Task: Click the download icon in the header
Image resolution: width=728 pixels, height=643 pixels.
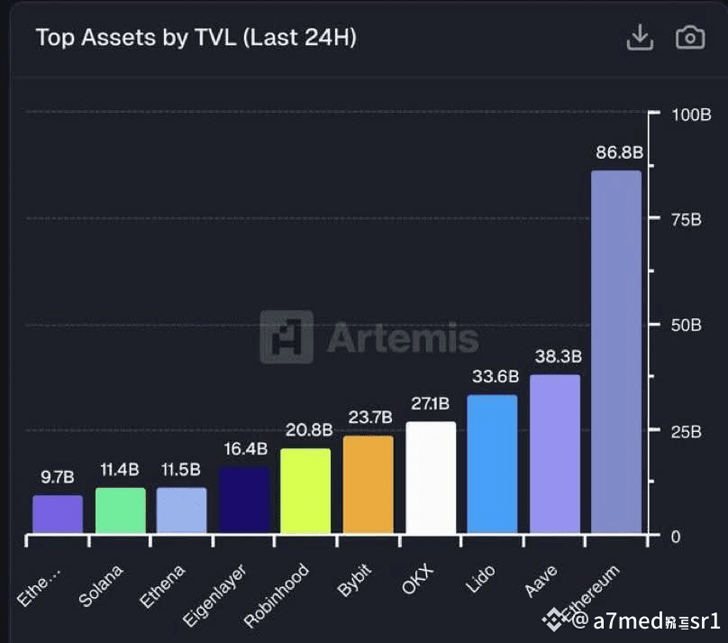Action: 639,37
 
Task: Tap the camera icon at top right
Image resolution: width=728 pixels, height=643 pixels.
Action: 689,37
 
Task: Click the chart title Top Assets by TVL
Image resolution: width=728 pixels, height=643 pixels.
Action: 196,38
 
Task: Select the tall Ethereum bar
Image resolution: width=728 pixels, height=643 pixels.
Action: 616,352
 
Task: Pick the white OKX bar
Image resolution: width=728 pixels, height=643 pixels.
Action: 431,477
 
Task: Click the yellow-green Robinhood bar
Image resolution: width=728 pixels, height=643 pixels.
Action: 305,491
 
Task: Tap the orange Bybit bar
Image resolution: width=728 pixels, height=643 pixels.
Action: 369,484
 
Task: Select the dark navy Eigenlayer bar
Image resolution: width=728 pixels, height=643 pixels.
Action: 243,500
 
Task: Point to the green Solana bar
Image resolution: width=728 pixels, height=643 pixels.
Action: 120,510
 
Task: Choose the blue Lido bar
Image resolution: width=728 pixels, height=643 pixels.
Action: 492,464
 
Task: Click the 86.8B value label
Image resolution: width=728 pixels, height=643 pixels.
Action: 618,152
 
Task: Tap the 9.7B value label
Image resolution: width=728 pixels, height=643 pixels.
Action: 58,476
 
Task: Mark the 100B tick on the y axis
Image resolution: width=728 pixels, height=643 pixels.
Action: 692,115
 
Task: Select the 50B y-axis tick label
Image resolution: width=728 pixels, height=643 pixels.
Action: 687,326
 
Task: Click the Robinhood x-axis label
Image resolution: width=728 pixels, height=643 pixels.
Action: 278,595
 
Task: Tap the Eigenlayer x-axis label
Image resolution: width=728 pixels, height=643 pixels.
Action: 214,596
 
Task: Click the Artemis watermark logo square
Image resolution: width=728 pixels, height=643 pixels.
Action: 287,337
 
